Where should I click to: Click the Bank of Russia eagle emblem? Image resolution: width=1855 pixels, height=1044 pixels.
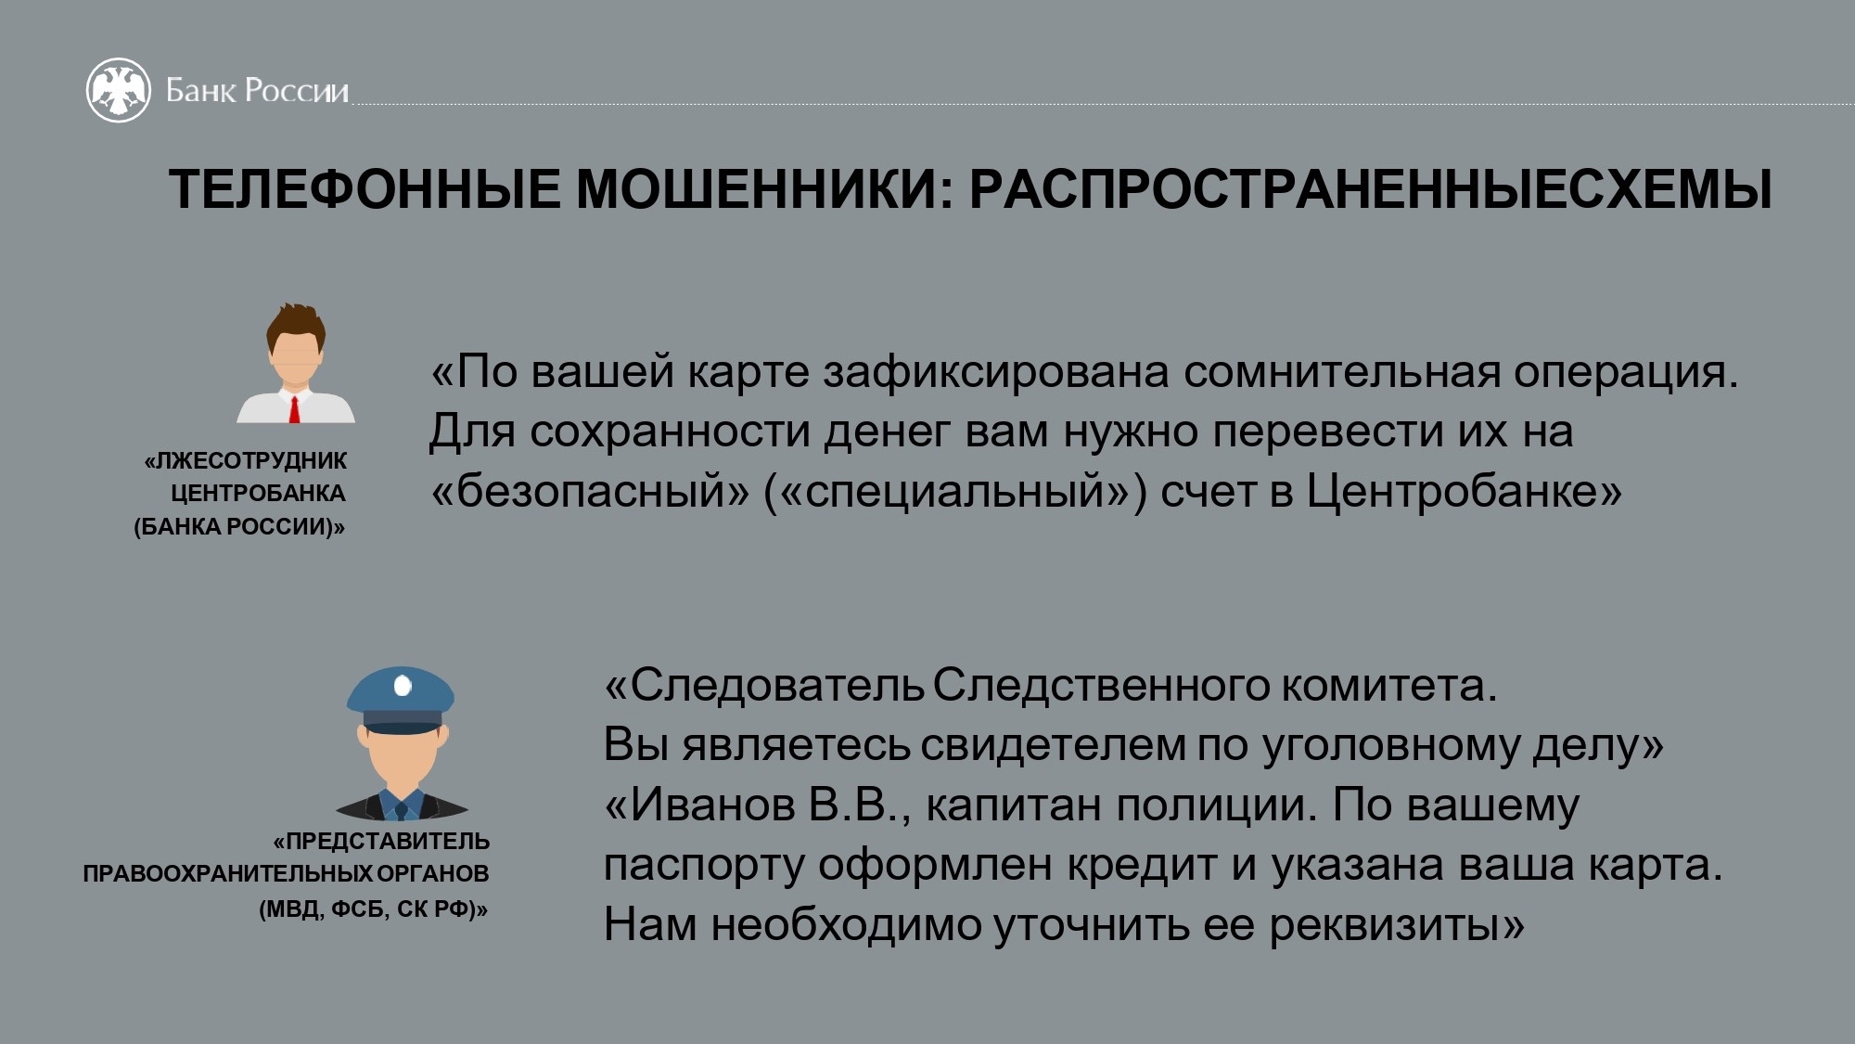tap(118, 90)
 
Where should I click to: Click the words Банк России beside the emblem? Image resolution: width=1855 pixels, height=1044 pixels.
tap(257, 91)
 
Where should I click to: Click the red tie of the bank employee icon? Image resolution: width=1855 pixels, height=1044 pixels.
tap(295, 409)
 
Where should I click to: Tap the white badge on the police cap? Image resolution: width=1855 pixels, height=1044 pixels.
tap(403, 686)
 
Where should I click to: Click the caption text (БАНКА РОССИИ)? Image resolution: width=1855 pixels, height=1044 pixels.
tap(239, 527)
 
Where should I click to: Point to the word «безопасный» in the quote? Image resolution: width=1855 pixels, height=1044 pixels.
tap(589, 491)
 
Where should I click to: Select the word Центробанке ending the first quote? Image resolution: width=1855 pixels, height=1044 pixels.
tap(1464, 491)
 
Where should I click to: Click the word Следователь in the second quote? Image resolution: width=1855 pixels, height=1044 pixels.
tap(763, 686)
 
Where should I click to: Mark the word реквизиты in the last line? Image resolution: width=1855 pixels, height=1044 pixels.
tap(1396, 925)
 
